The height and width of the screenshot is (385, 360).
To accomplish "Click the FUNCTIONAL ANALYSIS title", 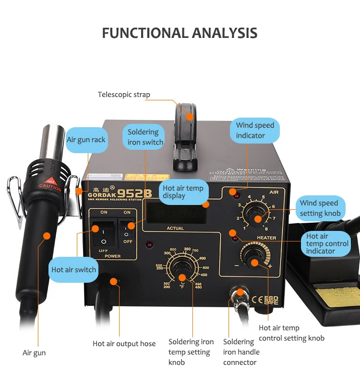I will [x=180, y=33].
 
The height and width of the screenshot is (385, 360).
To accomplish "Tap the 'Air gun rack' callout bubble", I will [x=86, y=140].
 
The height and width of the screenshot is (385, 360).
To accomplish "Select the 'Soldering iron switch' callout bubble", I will [x=145, y=137].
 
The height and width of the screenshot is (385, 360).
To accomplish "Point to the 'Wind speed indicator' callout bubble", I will [x=254, y=130].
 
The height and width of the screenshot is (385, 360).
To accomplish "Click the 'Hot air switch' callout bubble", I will [x=73, y=270].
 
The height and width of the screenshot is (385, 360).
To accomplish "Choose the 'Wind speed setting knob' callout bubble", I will [x=320, y=208].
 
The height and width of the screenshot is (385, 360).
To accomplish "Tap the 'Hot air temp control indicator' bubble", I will [x=327, y=243].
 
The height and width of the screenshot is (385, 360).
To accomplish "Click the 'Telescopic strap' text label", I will [x=124, y=95].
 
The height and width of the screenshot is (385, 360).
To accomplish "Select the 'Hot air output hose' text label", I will [x=124, y=344].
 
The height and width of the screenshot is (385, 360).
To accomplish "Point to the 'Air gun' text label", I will [x=34, y=353].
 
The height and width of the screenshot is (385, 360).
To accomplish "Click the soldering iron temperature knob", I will [x=181, y=269].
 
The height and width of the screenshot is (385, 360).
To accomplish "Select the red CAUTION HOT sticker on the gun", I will [x=50, y=185].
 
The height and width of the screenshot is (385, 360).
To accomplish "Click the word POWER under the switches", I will [x=113, y=256].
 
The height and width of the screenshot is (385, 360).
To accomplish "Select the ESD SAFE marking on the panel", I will [x=271, y=300].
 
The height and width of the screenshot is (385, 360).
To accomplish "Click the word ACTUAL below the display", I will [x=175, y=228].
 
